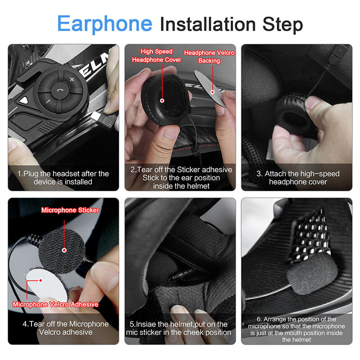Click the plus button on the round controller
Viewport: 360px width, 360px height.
tap(72, 80)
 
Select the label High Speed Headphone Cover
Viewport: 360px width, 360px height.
tap(156, 56)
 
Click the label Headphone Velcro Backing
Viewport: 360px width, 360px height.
tap(209, 57)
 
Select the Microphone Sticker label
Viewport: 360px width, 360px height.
tap(70, 210)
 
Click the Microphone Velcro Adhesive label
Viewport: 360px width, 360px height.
tap(55, 305)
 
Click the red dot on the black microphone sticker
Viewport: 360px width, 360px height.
tap(64, 250)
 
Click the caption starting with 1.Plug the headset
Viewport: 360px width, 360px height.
tap(63, 178)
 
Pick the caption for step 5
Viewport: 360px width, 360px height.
tap(180, 328)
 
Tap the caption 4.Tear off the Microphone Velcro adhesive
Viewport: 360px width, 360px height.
tap(63, 328)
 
